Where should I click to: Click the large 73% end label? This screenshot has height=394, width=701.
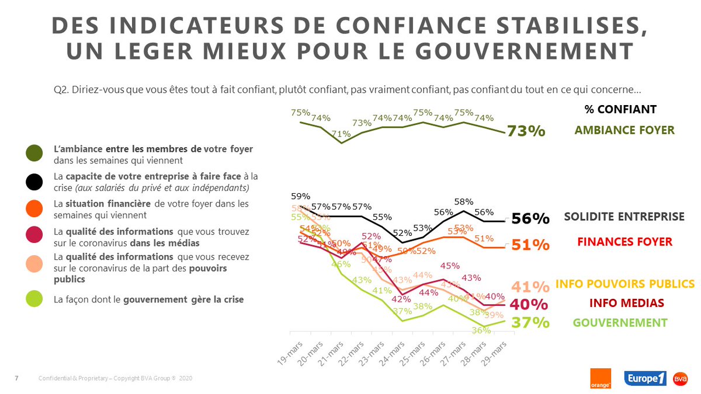pyautogui.click(x=526, y=131)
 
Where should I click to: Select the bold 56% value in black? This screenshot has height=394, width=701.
pyautogui.click(x=530, y=219)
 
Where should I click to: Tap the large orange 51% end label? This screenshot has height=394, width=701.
pyautogui.click(x=530, y=245)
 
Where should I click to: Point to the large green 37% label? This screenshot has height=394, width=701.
pyautogui.click(x=530, y=322)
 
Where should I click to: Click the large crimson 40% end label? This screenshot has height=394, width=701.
pyautogui.click(x=530, y=305)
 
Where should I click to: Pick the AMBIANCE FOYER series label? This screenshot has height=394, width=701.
pyautogui.click(x=624, y=130)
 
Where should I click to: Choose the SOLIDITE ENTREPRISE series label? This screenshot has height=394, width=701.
pyautogui.click(x=624, y=217)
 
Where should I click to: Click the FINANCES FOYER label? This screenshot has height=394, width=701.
pyautogui.click(x=624, y=241)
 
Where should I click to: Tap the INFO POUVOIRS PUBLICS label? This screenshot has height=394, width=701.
pyautogui.click(x=624, y=284)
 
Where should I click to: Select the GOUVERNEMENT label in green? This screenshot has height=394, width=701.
pyautogui.click(x=620, y=322)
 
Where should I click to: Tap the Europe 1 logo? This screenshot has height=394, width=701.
pyautogui.click(x=646, y=378)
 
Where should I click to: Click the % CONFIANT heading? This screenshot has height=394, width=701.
pyautogui.click(x=620, y=109)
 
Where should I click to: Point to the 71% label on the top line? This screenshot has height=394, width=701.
pyautogui.click(x=341, y=134)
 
